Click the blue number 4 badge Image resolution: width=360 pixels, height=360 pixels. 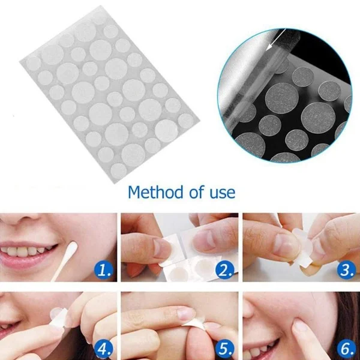pyautogui.click(x=104, y=349)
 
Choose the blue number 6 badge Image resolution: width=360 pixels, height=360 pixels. pyautogui.click(x=347, y=349)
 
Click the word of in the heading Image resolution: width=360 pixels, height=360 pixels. pyautogui.click(x=197, y=192)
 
